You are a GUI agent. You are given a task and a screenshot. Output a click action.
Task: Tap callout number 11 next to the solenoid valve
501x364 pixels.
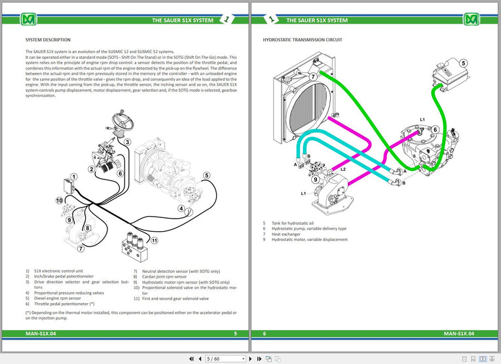point(154,240)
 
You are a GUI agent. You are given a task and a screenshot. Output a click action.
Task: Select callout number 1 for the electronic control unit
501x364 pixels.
point(74,177)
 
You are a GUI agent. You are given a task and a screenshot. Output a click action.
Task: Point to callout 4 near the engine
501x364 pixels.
point(181,209)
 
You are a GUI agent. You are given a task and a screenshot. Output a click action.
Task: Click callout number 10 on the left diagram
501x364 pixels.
point(58,200)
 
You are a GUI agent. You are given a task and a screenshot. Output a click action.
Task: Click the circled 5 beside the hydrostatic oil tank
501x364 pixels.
point(463,64)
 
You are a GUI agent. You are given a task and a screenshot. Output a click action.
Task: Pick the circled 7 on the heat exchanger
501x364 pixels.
point(314,77)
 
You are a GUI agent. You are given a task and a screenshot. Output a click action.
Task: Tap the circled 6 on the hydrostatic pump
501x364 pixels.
point(435,130)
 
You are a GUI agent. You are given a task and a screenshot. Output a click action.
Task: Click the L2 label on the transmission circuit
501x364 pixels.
point(343,169)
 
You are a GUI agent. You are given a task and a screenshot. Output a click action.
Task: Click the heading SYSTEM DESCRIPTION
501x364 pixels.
point(48,40)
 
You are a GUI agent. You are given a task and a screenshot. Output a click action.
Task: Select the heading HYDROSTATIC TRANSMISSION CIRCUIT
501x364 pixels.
point(303,40)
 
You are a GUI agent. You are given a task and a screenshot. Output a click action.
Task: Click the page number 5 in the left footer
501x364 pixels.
point(235,333)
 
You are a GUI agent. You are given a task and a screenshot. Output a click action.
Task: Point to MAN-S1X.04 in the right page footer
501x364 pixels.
point(458,333)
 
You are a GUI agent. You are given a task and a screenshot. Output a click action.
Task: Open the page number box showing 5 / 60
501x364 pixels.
point(225,359)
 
